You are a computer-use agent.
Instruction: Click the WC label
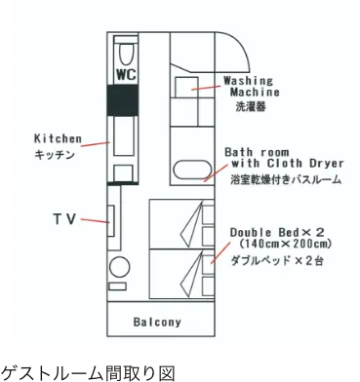pos(125,73)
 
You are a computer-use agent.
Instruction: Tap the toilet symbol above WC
pos(125,50)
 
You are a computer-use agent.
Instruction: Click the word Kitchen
pos(59,138)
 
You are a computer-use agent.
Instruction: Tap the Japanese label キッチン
pos(57,154)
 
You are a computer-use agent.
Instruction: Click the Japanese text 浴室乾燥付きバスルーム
pos(285,181)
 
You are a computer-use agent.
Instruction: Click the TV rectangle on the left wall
pos(112,222)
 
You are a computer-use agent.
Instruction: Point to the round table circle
pos(119,269)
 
